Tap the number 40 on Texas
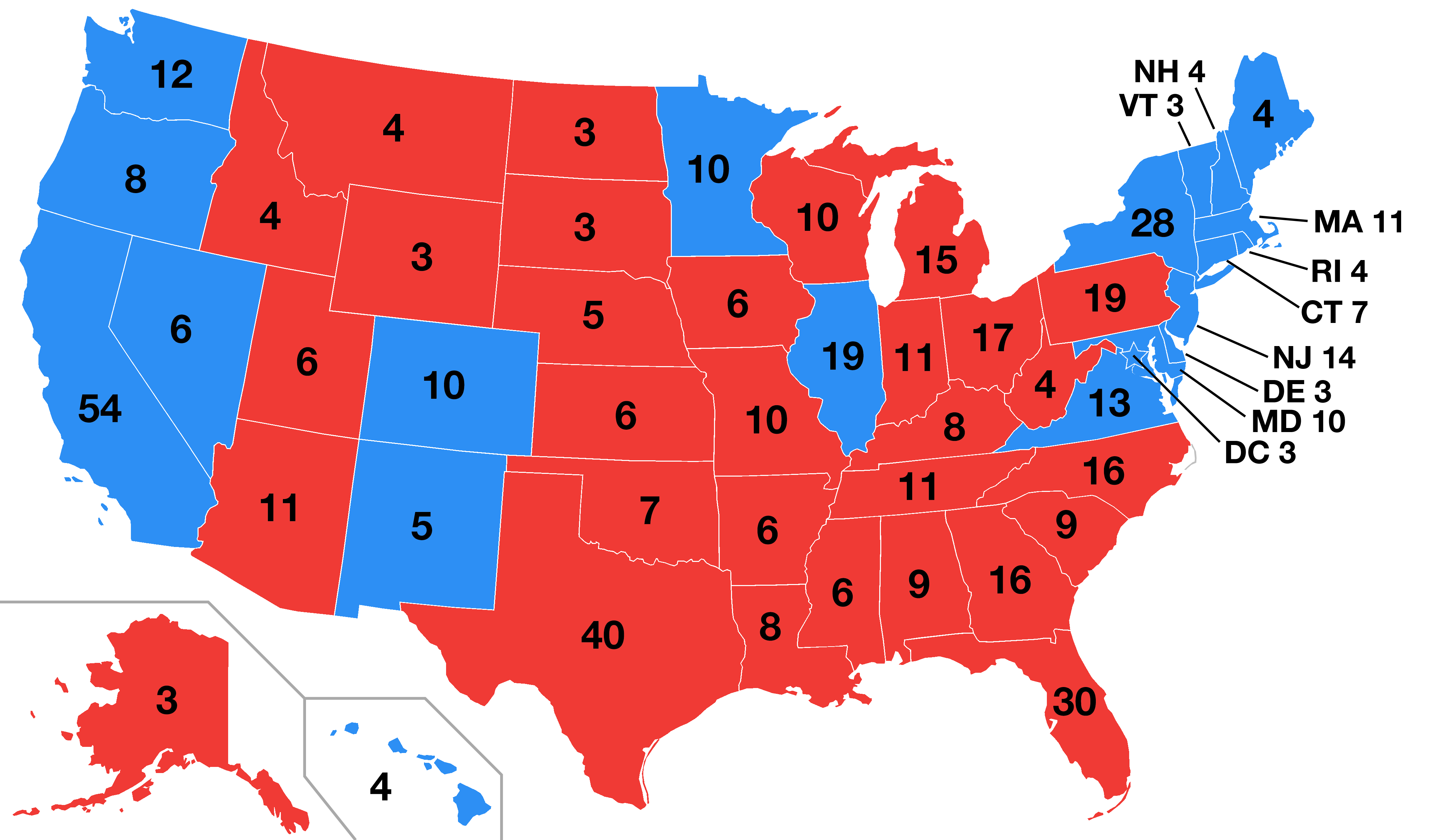click(x=603, y=635)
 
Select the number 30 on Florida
click(x=1074, y=702)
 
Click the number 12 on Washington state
click(x=171, y=74)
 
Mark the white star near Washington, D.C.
click(x=1134, y=356)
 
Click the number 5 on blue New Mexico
click(x=422, y=526)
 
